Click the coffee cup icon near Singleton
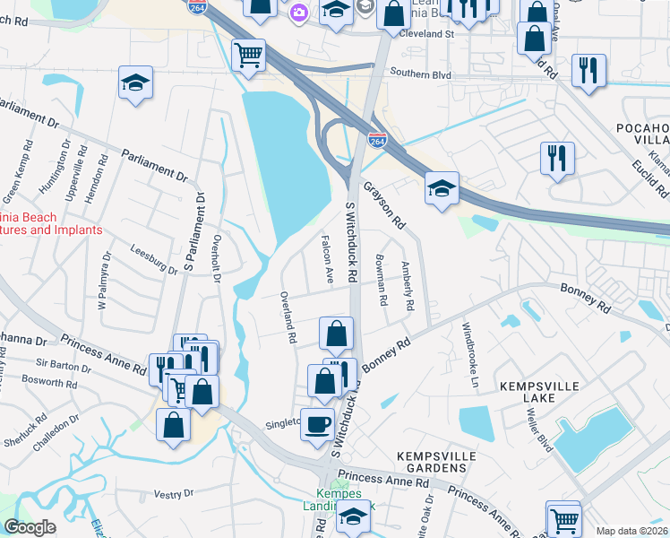(317, 422)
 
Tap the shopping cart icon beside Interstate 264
(248, 55)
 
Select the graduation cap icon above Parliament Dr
(135, 83)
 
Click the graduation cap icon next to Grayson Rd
(442, 188)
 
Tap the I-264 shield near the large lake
(377, 140)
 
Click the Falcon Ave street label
(328, 260)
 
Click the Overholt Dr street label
(216, 258)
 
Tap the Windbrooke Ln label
(468, 348)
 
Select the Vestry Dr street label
(174, 493)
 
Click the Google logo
(30, 527)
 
